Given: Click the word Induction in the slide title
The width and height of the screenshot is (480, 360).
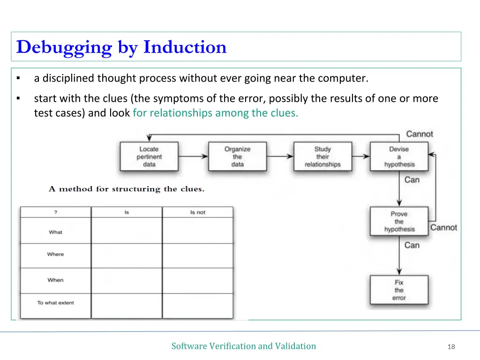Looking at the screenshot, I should coord(185,47).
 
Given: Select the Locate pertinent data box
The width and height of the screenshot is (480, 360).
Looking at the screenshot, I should coord(149,157).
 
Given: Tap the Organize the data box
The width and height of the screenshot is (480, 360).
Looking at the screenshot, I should coord(237,157).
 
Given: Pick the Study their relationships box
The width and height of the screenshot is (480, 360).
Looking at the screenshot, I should coord(322,157).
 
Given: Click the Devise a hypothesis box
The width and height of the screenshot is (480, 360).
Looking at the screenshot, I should coord(399,157).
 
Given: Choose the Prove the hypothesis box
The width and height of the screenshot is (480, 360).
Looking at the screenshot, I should coord(399,221).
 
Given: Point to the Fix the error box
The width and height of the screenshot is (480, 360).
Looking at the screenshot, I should coord(399,290).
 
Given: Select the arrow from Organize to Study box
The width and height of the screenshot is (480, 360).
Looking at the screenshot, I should coord(280,157).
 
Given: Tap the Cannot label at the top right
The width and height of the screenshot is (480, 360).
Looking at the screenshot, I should coord(420,134).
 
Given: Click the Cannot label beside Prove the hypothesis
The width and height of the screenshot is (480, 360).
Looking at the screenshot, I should coord(443,227).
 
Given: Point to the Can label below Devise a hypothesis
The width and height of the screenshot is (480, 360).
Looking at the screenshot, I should coord(412,180).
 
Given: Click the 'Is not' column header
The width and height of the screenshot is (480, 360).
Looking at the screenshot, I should coord(197,212).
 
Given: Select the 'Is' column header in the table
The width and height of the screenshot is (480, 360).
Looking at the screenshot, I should coord(127,212).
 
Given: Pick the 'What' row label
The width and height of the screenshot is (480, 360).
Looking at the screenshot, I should coord(55,232).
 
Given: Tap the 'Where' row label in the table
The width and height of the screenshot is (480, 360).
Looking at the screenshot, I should coord(55,254).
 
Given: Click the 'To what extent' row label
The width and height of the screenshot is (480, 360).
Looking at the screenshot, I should coord(55,303).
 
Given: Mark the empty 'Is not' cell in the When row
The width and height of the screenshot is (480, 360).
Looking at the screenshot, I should coord(197,280).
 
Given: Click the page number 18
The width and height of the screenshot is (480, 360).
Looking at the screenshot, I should coord(451,347).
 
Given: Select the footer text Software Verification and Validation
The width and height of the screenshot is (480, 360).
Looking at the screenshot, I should coord(243,346).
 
